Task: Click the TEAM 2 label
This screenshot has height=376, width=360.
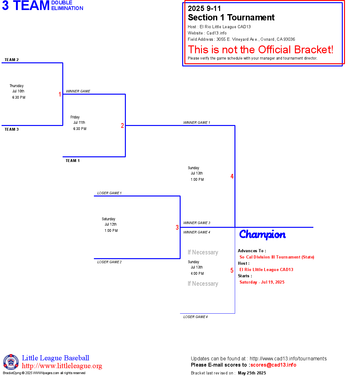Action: (x=12, y=60)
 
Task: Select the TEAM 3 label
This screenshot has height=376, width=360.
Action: (x=12, y=129)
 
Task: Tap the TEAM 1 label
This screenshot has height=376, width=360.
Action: (x=73, y=161)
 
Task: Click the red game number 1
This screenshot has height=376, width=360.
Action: (x=60, y=94)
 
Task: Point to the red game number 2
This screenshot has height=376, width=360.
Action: (x=122, y=126)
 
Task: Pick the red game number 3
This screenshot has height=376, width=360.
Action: (x=177, y=227)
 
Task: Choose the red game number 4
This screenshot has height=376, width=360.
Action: (x=232, y=176)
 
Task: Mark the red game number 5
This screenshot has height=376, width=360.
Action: (x=232, y=270)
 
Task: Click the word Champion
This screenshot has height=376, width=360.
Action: (x=262, y=234)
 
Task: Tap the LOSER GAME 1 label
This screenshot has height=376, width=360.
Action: (x=109, y=193)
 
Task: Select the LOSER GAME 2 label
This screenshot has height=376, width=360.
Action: (x=109, y=262)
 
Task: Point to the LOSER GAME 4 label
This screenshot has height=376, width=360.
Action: (x=195, y=317)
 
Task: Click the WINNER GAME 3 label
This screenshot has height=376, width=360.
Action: (x=197, y=223)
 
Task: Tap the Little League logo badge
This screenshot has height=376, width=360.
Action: (x=11, y=362)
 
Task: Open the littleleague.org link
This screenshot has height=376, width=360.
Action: (x=62, y=366)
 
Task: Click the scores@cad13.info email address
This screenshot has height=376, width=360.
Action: (x=273, y=365)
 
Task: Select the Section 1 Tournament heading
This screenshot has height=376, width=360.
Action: (x=231, y=18)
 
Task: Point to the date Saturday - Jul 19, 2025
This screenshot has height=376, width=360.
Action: (x=262, y=282)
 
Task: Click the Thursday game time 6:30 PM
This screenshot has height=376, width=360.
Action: (x=19, y=97)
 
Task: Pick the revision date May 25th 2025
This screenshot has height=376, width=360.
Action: (x=252, y=373)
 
